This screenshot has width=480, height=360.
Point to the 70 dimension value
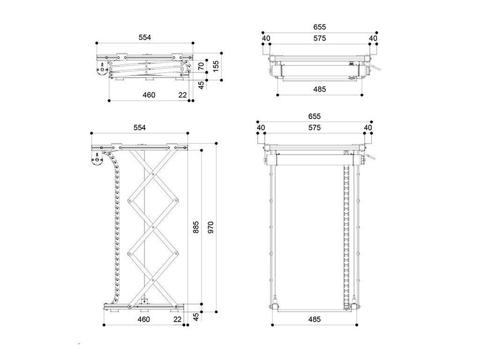coord(201,67)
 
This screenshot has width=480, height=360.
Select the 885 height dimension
coord(196,227)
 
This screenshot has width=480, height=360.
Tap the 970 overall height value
coord(210,227)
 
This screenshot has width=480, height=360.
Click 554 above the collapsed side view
coord(145,37)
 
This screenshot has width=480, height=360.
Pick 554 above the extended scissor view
coord(140,127)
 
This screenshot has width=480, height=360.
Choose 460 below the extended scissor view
coord(143,320)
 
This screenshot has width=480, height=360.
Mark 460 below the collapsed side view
coord(149,95)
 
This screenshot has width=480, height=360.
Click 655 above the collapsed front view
coord(320,27)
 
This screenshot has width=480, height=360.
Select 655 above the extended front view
coord(315,116)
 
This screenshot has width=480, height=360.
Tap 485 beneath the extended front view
coord(315,320)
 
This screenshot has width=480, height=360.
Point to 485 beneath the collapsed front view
coord(320,89)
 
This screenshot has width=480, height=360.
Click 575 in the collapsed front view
coord(320,38)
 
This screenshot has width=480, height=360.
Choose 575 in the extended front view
coord(315,127)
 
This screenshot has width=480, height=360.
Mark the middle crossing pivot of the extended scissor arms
coord(153,229)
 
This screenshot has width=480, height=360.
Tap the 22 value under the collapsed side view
coord(182,95)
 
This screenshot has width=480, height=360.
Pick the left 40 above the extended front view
coord(261,127)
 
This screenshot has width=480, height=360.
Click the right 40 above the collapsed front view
coord(373,38)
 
